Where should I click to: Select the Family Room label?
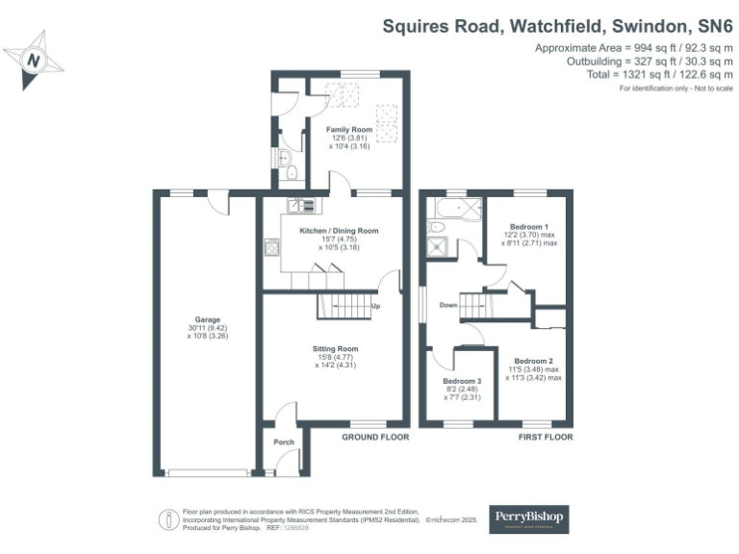pyautogui.click(x=348, y=129)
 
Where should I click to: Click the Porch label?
pyautogui.click(x=284, y=442)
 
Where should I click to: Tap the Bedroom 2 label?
pyautogui.click(x=533, y=361)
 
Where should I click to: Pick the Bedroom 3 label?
pyautogui.click(x=462, y=381)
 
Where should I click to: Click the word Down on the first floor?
pyautogui.click(x=448, y=307)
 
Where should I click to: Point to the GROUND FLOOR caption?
pyautogui.click(x=375, y=437)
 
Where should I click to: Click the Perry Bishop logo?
pyautogui.click(x=529, y=519)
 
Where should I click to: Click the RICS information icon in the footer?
pyautogui.click(x=169, y=519)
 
